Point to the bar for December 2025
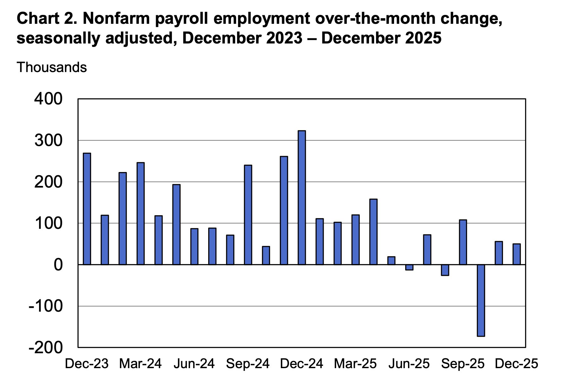coord(517,254)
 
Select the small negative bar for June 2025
coord(409,267)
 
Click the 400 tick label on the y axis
coord(49,99)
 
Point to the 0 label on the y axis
coord(58,265)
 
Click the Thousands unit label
coord(52,67)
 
